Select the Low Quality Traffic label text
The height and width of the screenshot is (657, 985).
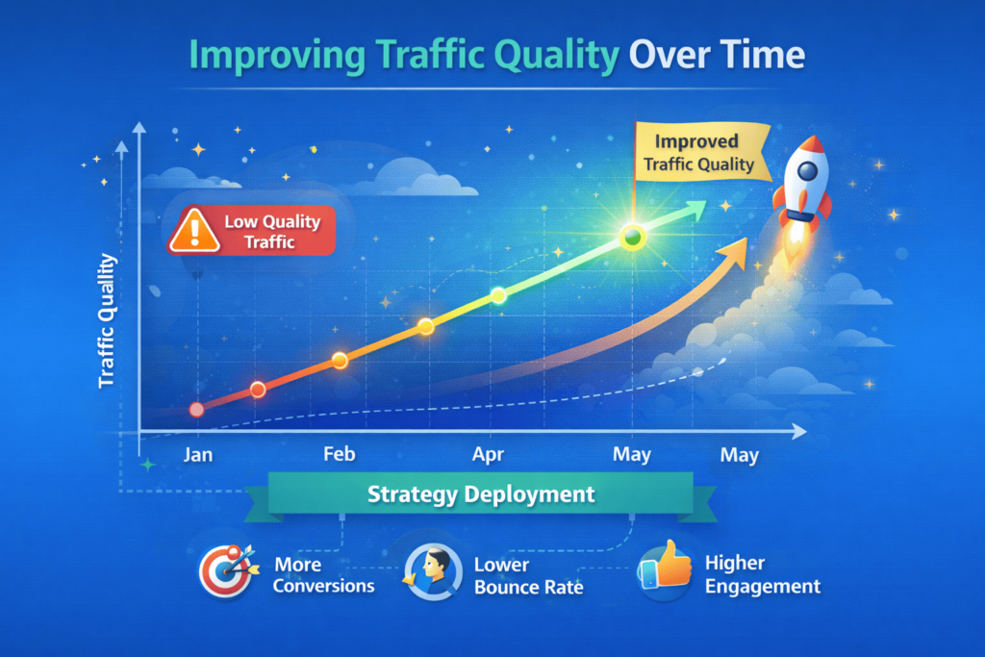pyautogui.click(x=271, y=232)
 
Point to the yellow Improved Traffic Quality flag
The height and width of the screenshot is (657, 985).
pyautogui.click(x=699, y=152)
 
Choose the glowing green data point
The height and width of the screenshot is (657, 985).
pyautogui.click(x=632, y=235)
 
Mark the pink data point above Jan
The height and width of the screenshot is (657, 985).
pyautogui.click(x=197, y=410)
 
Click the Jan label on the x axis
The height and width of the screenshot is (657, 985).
pyautogui.click(x=197, y=455)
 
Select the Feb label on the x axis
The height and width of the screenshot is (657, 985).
pyautogui.click(x=339, y=455)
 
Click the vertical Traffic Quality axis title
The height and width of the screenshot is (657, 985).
pyautogui.click(x=107, y=321)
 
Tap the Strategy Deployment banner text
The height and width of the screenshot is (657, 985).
pyautogui.click(x=481, y=495)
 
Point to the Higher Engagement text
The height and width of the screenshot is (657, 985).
pyautogui.click(x=762, y=574)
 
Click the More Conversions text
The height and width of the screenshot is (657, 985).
pyautogui.click(x=323, y=574)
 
